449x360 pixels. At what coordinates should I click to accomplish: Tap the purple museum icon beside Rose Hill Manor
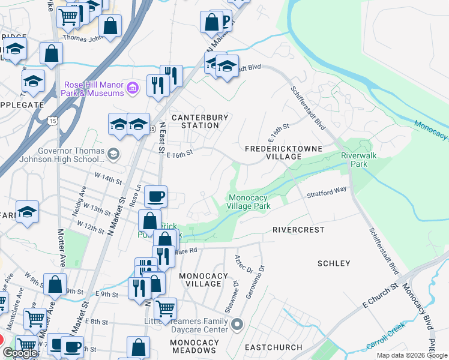(134, 89)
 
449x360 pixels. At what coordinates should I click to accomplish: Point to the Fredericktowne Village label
(283, 152)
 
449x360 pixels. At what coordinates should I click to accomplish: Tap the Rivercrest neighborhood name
(298, 230)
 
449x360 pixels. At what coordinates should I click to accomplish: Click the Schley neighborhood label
(333, 263)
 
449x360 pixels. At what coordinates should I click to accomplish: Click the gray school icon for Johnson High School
(112, 155)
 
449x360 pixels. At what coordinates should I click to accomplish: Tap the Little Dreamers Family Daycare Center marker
(237, 325)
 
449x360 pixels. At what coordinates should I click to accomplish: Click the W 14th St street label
(109, 179)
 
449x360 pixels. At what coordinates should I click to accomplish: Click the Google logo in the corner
(20, 353)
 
